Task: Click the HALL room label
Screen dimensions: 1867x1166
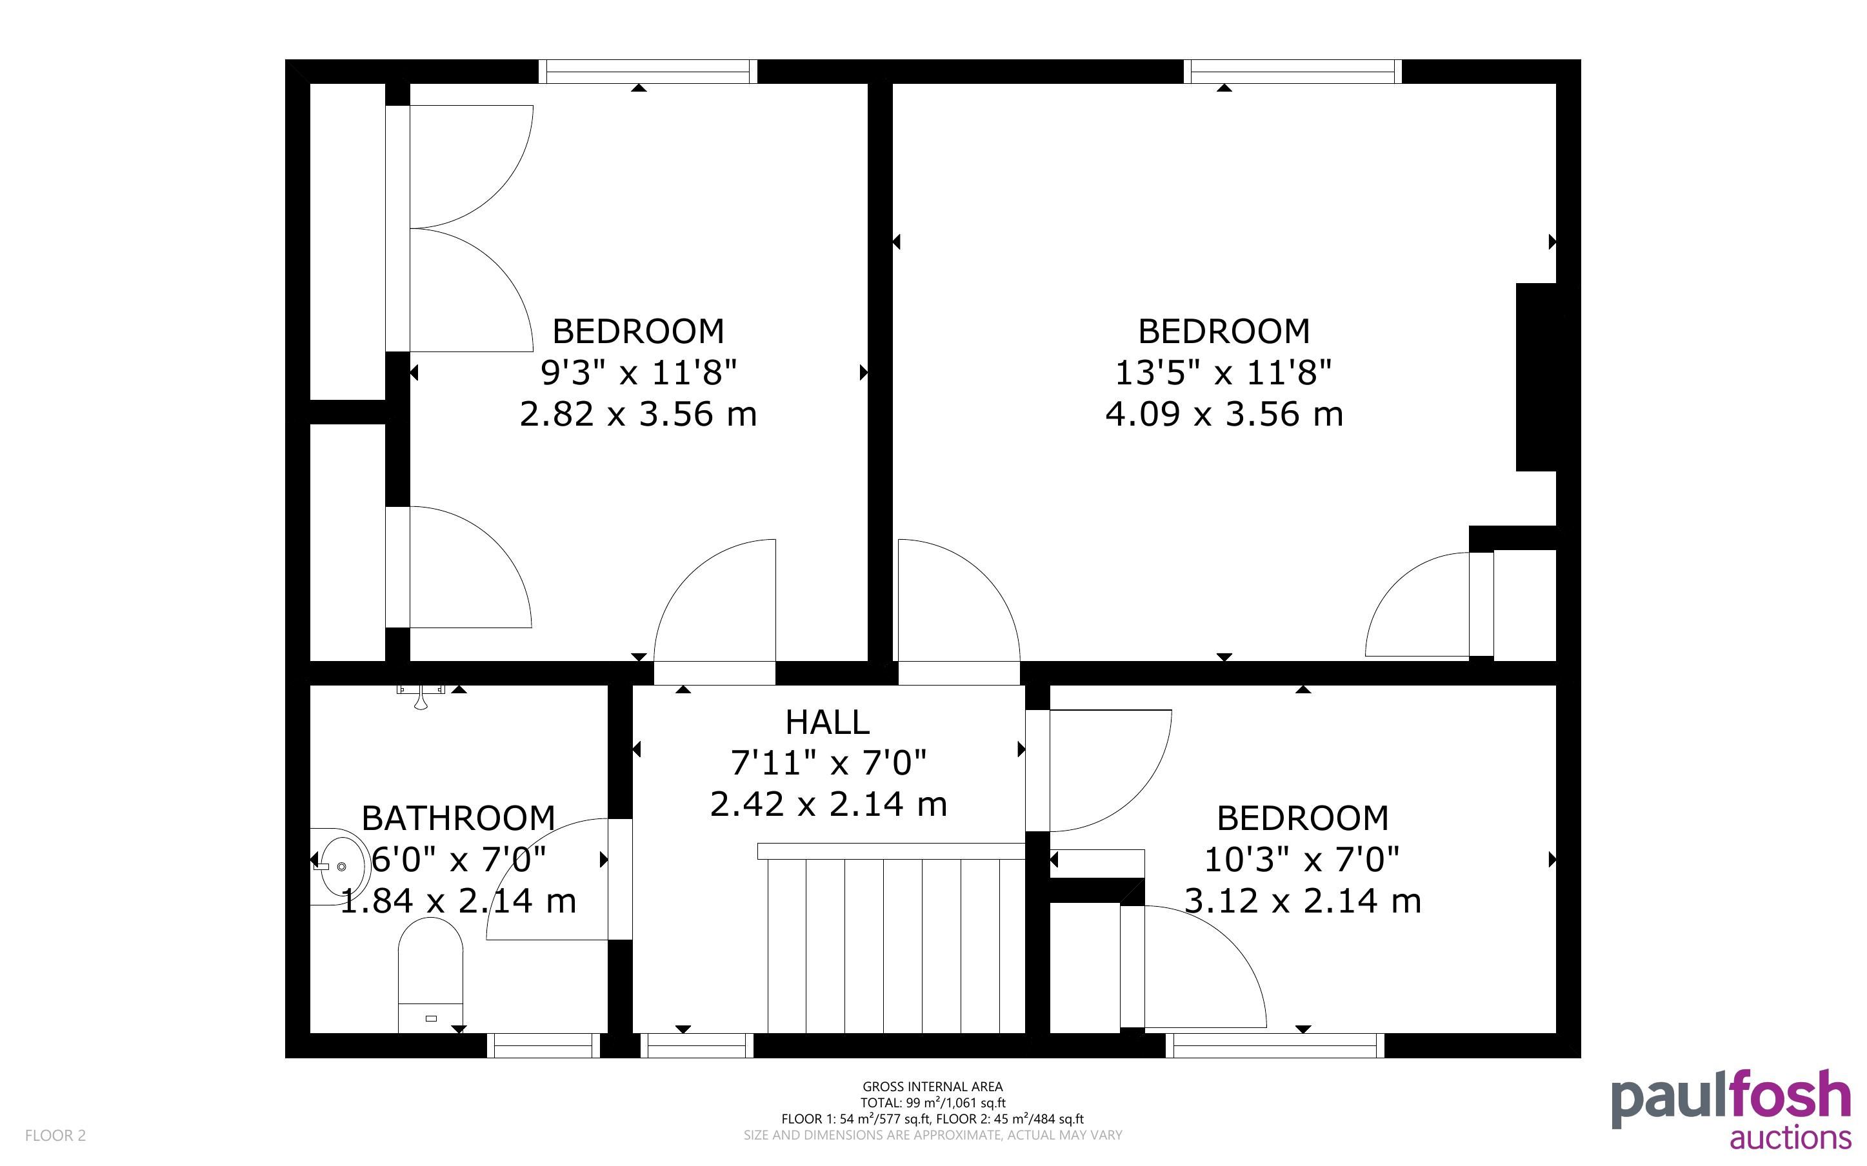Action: (x=828, y=722)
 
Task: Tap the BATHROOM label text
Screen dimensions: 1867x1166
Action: (x=458, y=818)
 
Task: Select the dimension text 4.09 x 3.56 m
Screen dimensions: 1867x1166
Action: (x=1224, y=414)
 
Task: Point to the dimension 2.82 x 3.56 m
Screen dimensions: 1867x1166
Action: (x=638, y=414)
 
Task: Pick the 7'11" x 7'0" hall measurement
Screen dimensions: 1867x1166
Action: (x=828, y=764)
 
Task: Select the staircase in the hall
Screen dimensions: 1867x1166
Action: (x=892, y=938)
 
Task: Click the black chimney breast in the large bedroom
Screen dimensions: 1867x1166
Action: (x=1536, y=377)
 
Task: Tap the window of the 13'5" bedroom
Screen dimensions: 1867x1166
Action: (x=1292, y=72)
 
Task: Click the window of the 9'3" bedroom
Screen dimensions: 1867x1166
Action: (x=648, y=72)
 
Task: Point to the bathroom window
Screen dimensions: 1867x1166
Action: (x=543, y=1045)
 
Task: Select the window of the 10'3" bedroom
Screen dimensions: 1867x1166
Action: (x=1275, y=1045)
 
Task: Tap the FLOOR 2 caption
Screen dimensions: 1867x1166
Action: (x=55, y=1135)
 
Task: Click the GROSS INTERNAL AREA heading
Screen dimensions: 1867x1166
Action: (x=932, y=1087)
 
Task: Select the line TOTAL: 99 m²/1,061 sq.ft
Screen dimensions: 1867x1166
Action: (x=932, y=1103)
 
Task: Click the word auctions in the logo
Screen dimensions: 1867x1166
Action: (x=1790, y=1138)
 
